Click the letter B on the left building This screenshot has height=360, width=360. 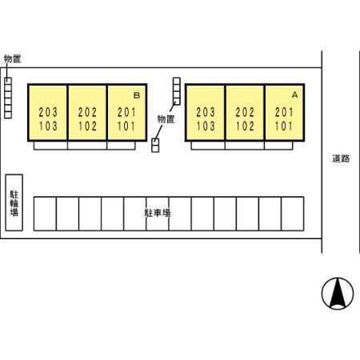pos(137,95)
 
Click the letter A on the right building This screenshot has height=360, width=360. pos(294,94)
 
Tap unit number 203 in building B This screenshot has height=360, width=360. pos(48,112)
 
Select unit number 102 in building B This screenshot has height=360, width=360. pos(87,126)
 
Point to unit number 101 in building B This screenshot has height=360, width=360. pos(126,126)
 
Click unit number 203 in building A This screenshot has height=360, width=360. pos(206,112)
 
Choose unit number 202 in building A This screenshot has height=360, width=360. pos(245,112)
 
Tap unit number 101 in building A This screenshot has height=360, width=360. pos(284,126)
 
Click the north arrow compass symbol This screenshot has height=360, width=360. pos(338,294)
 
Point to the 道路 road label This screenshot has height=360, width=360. pos(341,158)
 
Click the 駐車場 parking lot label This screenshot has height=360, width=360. pos(158,213)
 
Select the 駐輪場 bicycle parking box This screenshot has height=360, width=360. pos(14,202)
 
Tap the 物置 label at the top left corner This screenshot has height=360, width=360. pos(12,58)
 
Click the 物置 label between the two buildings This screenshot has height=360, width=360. pos(166,119)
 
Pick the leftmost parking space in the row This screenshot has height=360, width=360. pos(45,214)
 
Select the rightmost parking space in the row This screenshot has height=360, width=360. pos(293,214)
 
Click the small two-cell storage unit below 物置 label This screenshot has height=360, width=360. pos(155,146)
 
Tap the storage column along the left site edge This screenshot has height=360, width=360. pos(8,98)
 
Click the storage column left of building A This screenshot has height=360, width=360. pos(177,91)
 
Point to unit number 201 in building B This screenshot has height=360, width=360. pos(126,112)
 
